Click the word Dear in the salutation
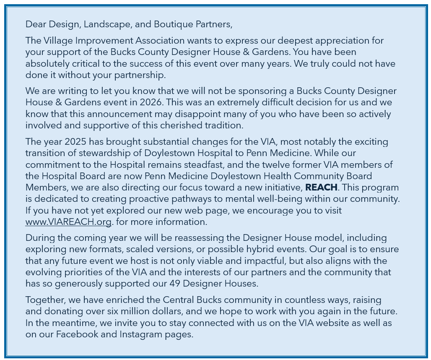coord(35,24)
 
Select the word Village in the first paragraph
coord(57,41)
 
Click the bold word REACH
coord(321,188)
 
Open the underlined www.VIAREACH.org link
coord(68,222)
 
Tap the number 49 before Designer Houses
coord(175,283)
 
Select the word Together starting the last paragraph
coord(44,300)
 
